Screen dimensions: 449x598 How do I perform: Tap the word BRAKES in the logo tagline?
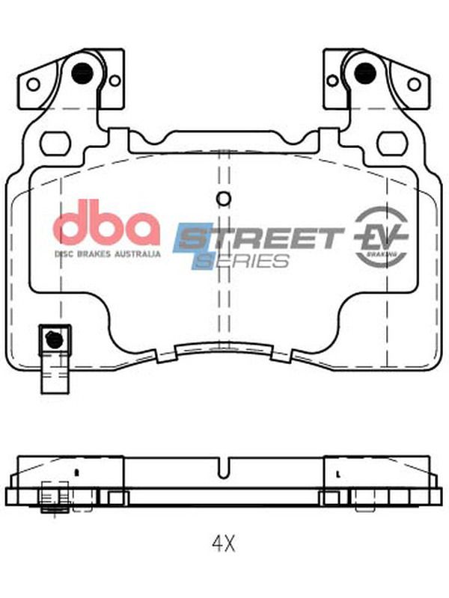[x=94, y=254]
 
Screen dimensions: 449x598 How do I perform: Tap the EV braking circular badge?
[x=382, y=236]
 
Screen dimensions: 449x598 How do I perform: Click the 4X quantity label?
[x=224, y=543]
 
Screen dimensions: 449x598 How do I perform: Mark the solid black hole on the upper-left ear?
[x=82, y=73]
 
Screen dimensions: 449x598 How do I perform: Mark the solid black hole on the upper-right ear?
[x=365, y=73]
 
